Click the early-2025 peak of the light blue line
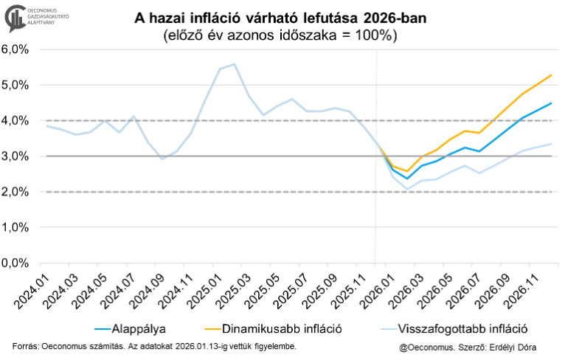tap(234, 64)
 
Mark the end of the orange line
tap(551, 75)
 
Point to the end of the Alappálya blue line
tap(551, 103)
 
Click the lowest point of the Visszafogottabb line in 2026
tap(406, 190)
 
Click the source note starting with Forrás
tap(156, 346)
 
